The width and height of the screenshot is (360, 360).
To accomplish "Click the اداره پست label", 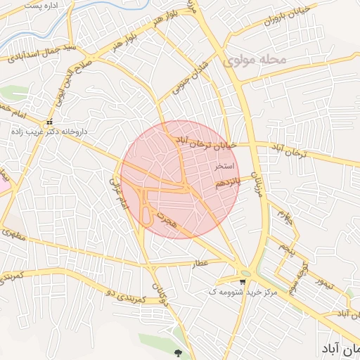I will pos(60,5).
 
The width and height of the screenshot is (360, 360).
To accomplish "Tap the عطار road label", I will pos(202,263).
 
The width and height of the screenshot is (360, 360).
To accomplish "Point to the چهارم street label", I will pos(284,212).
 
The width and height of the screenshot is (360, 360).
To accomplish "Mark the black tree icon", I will pos(176,354).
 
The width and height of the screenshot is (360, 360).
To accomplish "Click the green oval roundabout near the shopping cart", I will pos(245,274).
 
